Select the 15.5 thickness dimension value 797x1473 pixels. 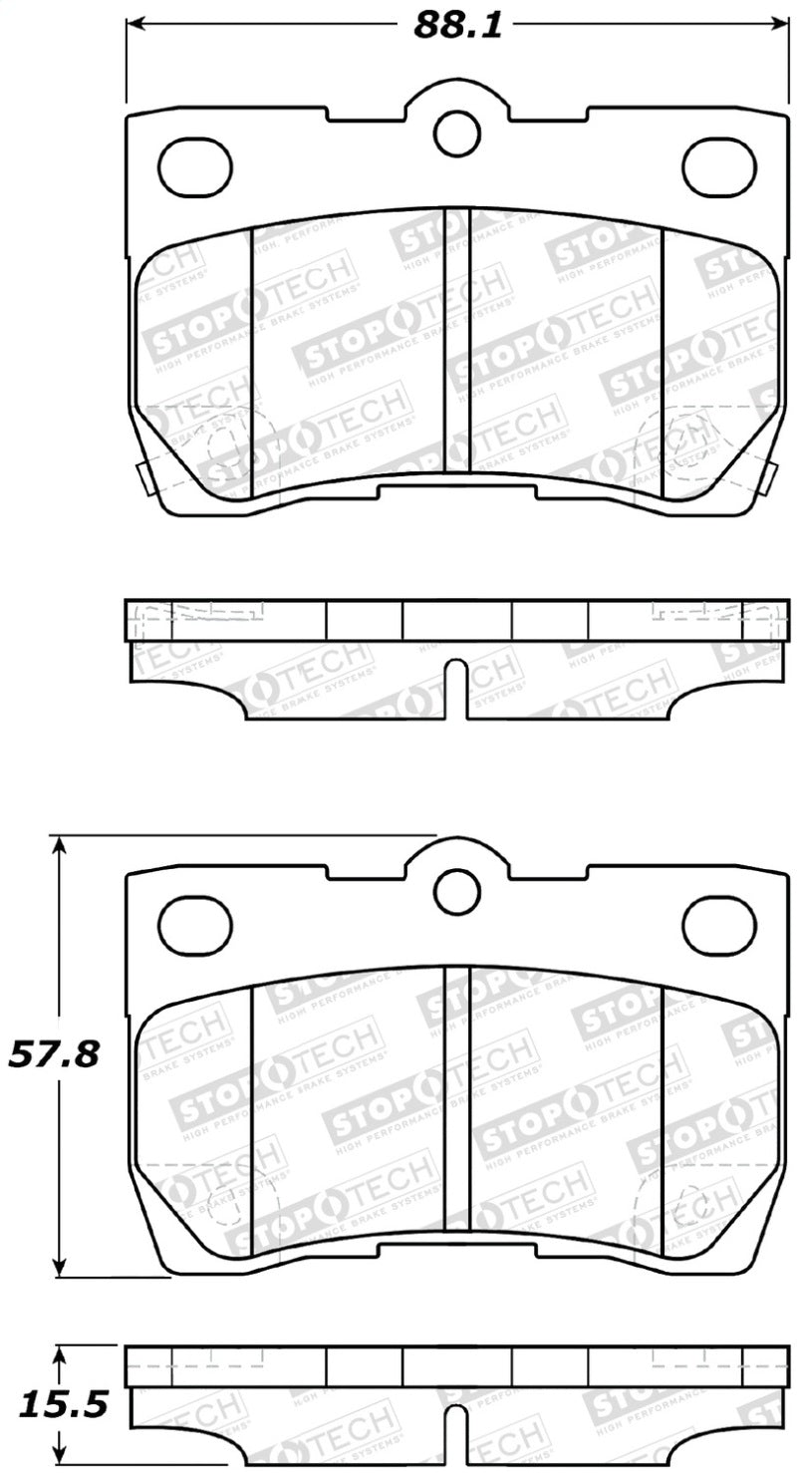(x=55, y=1405)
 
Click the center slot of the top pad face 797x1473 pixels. (x=456, y=339)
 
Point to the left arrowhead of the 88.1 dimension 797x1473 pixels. (x=133, y=25)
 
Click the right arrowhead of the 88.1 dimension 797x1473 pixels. (x=781, y=25)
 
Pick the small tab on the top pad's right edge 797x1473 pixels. (x=773, y=478)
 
